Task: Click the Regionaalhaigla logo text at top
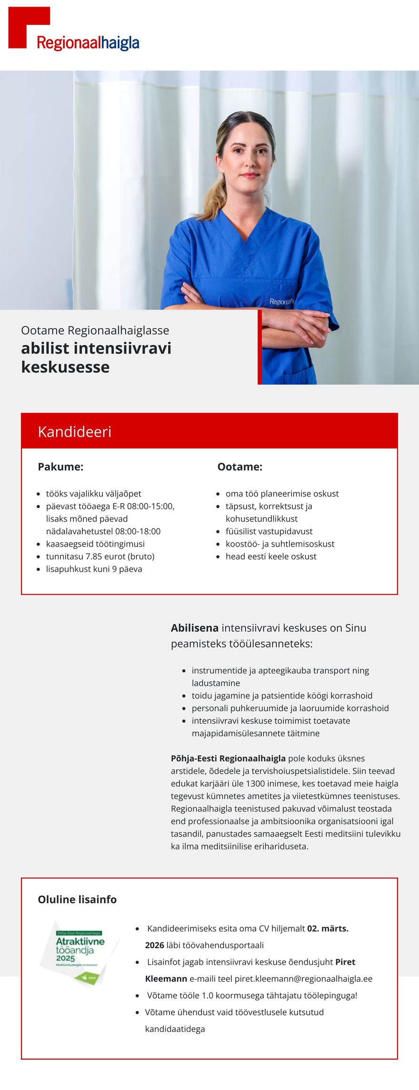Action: (x=88, y=43)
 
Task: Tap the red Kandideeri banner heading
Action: (x=75, y=432)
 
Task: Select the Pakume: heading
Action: (x=60, y=467)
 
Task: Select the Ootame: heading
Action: (x=239, y=467)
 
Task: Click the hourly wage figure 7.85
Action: (x=94, y=556)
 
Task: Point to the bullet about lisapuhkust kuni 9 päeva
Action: (x=94, y=569)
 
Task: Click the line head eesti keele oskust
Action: (x=270, y=556)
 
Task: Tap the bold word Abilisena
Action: (x=194, y=628)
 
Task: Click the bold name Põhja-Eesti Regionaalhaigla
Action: (x=228, y=758)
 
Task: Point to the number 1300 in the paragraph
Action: (x=255, y=783)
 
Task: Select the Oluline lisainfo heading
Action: (x=77, y=899)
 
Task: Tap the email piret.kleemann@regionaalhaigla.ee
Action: (x=303, y=979)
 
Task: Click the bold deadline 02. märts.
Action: (x=328, y=928)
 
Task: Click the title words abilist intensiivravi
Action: (x=96, y=348)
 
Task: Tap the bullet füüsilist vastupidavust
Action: (x=269, y=531)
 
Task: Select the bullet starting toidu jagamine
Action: (x=282, y=696)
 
